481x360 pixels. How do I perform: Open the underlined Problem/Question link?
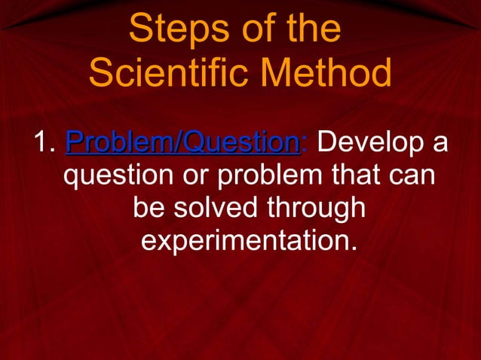[x=182, y=142]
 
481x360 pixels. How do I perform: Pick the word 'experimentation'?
[x=244, y=242]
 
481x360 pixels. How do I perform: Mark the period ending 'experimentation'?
[x=353, y=250]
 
